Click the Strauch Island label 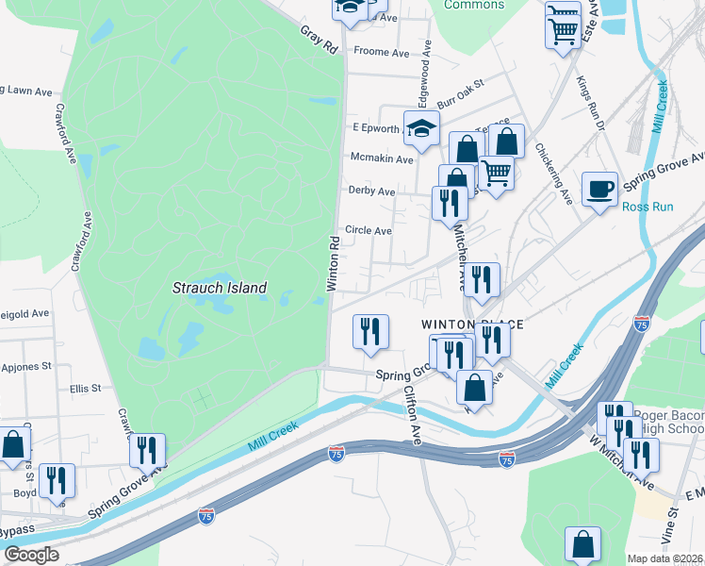[x=220, y=288]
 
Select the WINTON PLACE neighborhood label [x=471, y=325]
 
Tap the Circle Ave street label [x=368, y=230]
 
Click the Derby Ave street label [x=371, y=191]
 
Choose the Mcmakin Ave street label [x=381, y=159]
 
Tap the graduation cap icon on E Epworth [x=422, y=130]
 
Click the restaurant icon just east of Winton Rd [x=370, y=332]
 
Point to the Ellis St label [x=85, y=388]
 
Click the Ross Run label [x=648, y=207]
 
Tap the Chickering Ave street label [x=553, y=174]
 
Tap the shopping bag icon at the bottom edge [x=582, y=544]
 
